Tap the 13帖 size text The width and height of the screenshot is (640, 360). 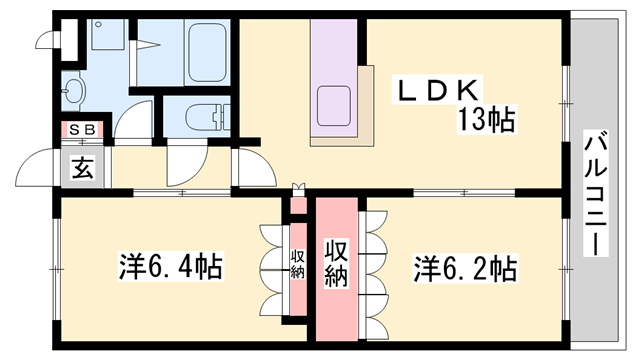487,121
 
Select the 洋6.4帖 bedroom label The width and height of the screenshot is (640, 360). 171,268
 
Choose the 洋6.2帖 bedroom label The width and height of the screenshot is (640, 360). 466,268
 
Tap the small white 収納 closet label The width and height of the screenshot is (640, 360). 297,264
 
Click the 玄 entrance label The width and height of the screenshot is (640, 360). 81,168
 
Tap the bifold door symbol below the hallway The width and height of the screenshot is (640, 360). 296,187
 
